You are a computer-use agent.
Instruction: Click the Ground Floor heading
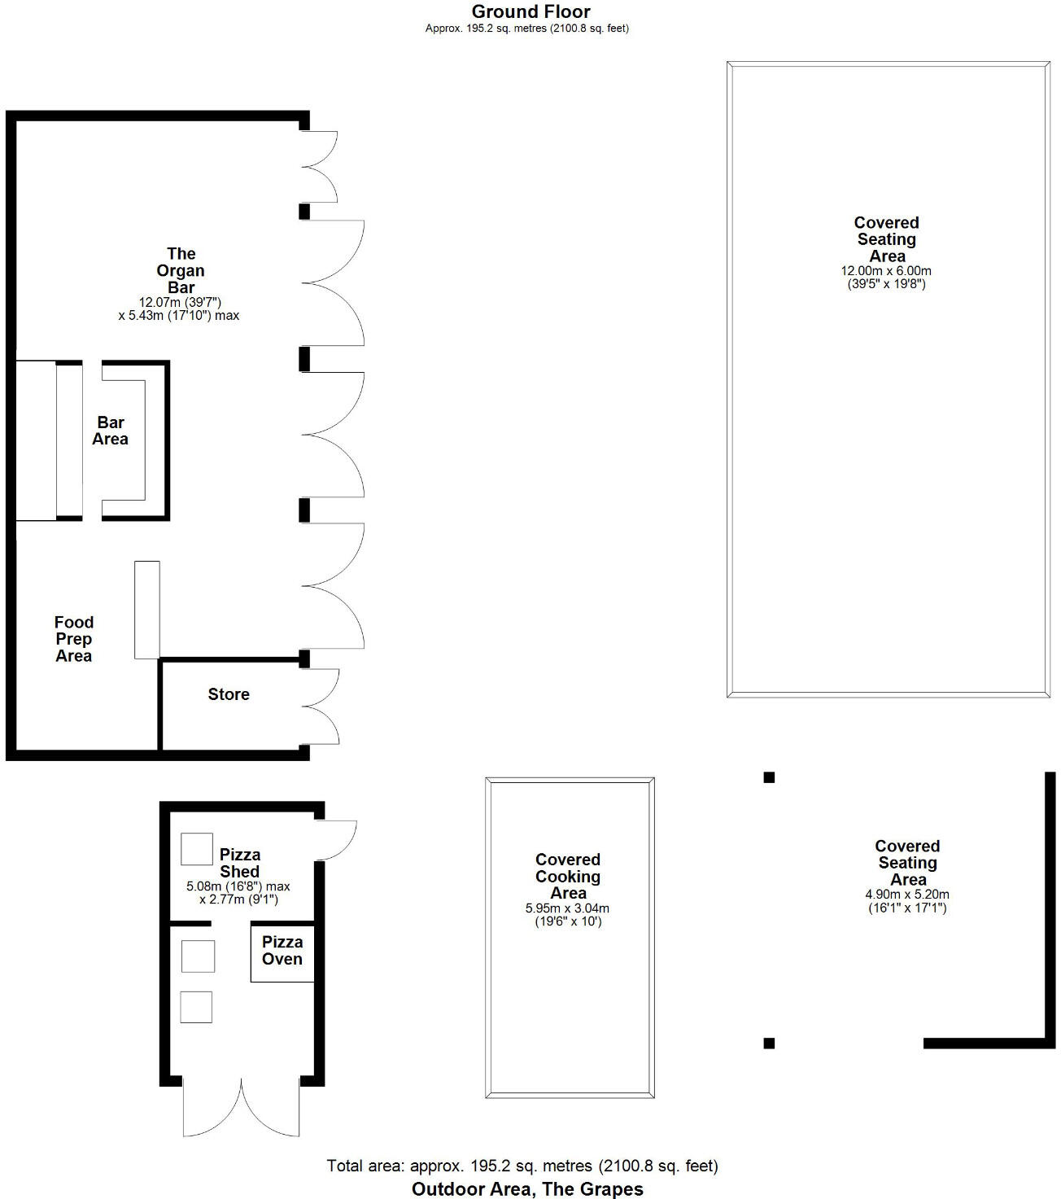click(530, 11)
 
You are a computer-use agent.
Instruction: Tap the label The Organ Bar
click(181, 270)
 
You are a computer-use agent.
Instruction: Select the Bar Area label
click(111, 431)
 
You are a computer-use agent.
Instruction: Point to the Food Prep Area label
click(73, 639)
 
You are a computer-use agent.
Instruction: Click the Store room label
click(229, 694)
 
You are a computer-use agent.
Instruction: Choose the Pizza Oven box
click(282, 952)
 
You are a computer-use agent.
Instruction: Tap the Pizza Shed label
click(240, 863)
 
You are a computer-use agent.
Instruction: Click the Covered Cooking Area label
click(568, 876)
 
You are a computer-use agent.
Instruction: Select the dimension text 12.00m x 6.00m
click(886, 271)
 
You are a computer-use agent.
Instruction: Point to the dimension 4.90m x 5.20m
click(907, 894)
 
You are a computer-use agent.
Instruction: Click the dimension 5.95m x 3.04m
click(568, 908)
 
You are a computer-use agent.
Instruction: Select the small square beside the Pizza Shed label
click(196, 849)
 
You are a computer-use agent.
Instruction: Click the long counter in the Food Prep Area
click(147, 610)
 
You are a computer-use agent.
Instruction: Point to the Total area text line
click(522, 1166)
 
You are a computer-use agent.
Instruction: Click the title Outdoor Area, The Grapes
click(527, 1188)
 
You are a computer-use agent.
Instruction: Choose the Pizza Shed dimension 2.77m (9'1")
click(238, 899)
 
